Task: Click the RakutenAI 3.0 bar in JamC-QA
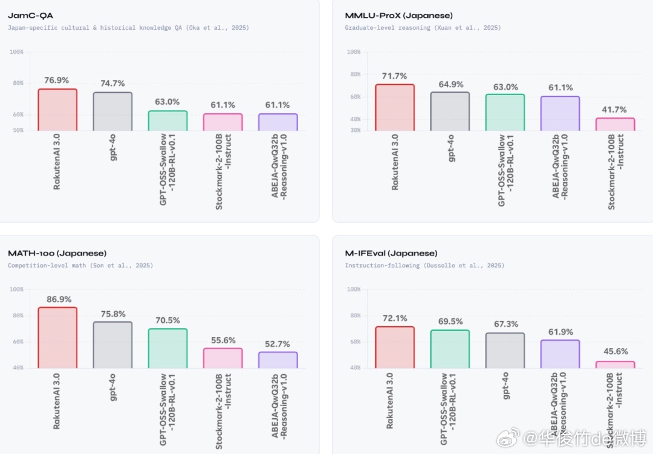[57, 110]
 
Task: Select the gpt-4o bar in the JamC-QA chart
[112, 111]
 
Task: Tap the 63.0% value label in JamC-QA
[167, 102]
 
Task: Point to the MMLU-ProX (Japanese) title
[398, 16]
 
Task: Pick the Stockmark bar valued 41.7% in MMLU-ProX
[615, 124]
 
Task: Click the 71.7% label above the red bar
[395, 76]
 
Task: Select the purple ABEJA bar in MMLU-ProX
[560, 114]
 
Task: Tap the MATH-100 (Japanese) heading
[57, 253]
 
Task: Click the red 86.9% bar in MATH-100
[57, 338]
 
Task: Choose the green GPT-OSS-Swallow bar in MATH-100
[167, 349]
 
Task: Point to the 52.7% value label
[278, 344]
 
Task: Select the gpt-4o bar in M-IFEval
[505, 350]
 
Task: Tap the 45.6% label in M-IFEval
[615, 352]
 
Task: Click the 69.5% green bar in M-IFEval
[450, 349]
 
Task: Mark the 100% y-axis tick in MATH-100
[16, 289]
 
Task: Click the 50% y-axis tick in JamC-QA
[18, 130]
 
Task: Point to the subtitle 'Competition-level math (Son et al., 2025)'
[80, 266]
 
